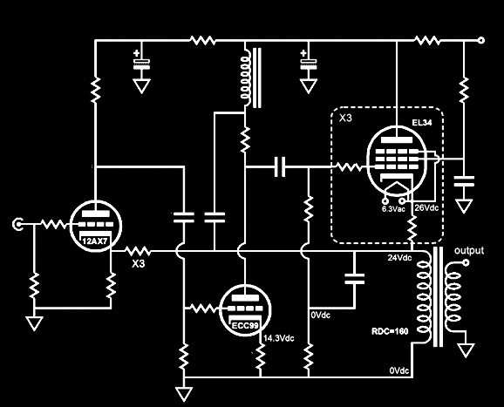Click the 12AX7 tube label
[94, 241]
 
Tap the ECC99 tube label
[245, 325]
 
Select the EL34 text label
[422, 122]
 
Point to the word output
[469, 250]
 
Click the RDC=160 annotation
[390, 331]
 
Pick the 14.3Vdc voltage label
[279, 338]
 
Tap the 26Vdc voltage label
[426, 207]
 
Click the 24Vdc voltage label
[399, 258]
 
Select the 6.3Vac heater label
[393, 209]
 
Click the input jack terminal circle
[17, 224]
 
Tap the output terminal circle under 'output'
[467, 263]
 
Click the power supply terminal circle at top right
[481, 40]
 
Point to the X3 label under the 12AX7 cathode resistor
[139, 264]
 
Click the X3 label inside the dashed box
[345, 119]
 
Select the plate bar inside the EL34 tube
[397, 139]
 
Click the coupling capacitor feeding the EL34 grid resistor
[280, 167]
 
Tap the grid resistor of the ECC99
[203, 309]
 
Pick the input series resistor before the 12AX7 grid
[53, 224]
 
